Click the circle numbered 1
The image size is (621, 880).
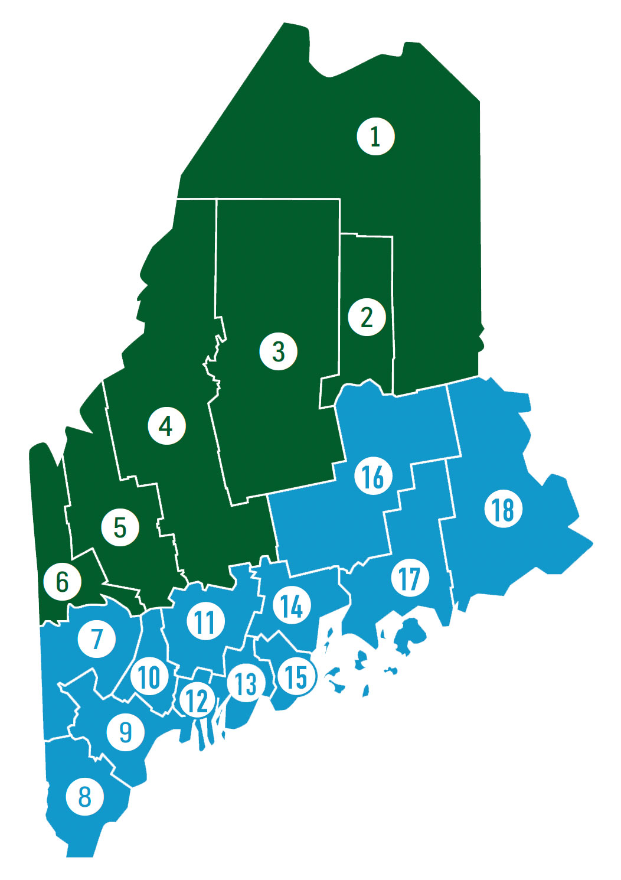click(x=375, y=136)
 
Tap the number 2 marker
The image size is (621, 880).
click(x=367, y=317)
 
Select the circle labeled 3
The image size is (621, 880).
click(x=279, y=351)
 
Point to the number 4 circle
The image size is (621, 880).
click(x=167, y=426)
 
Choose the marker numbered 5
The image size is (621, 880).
click(x=120, y=527)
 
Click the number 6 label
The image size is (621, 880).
click(x=62, y=582)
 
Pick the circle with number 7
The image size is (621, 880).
click(x=97, y=638)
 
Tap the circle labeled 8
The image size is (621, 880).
click(x=85, y=796)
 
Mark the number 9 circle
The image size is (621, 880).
click(x=125, y=732)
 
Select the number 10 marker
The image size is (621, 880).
click(x=149, y=676)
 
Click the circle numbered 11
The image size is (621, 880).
click(x=205, y=621)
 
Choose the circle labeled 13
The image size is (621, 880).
click(x=246, y=683)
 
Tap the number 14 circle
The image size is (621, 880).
click(x=292, y=606)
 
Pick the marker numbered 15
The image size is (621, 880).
click(x=296, y=677)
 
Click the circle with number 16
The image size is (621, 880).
click(x=373, y=476)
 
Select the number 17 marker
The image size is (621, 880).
click(x=410, y=578)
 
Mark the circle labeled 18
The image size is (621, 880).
click(x=503, y=509)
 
